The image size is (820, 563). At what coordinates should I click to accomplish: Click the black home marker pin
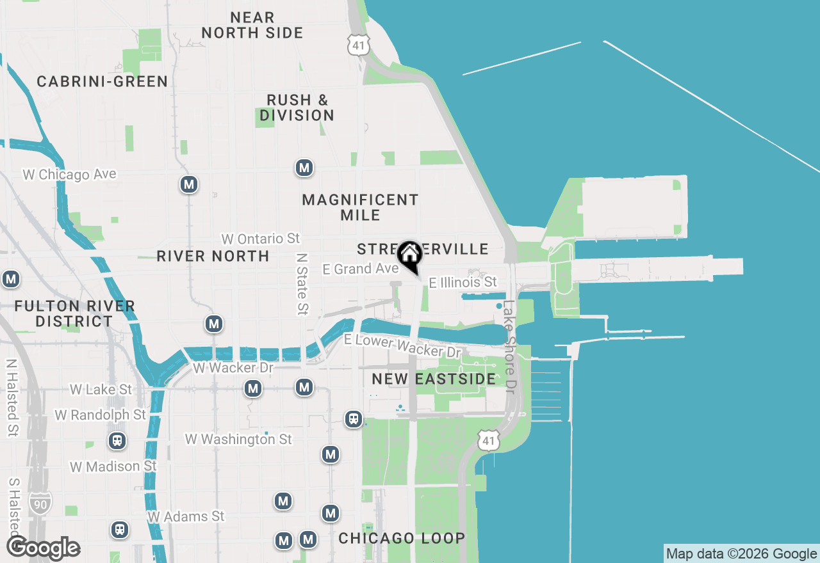click(x=409, y=255)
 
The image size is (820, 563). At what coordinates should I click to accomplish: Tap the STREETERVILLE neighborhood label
click(x=422, y=249)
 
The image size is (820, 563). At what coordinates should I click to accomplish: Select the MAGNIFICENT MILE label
click(x=360, y=207)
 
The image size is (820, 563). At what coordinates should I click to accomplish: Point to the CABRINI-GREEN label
click(x=102, y=81)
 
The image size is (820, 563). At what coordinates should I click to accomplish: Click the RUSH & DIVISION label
click(x=297, y=107)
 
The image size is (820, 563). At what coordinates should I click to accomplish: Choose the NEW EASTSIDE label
click(x=434, y=379)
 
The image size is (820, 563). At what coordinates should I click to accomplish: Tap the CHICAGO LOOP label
click(x=402, y=538)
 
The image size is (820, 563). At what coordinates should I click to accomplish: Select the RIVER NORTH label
click(x=213, y=256)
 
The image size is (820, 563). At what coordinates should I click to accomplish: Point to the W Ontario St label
click(x=261, y=239)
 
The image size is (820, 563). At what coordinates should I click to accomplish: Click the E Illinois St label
click(x=463, y=282)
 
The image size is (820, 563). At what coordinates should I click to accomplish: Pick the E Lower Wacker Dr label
click(x=402, y=345)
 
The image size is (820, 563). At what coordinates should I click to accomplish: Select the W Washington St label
click(x=238, y=439)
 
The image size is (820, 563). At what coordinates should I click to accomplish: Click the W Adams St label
click(x=186, y=516)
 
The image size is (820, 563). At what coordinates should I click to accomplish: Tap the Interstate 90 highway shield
click(x=41, y=504)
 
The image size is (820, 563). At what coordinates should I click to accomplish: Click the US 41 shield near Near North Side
click(x=357, y=44)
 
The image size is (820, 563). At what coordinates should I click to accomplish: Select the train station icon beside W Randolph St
click(x=117, y=441)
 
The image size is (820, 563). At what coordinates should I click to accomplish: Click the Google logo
click(x=43, y=548)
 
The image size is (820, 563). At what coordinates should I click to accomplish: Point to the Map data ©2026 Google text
click(x=742, y=554)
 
